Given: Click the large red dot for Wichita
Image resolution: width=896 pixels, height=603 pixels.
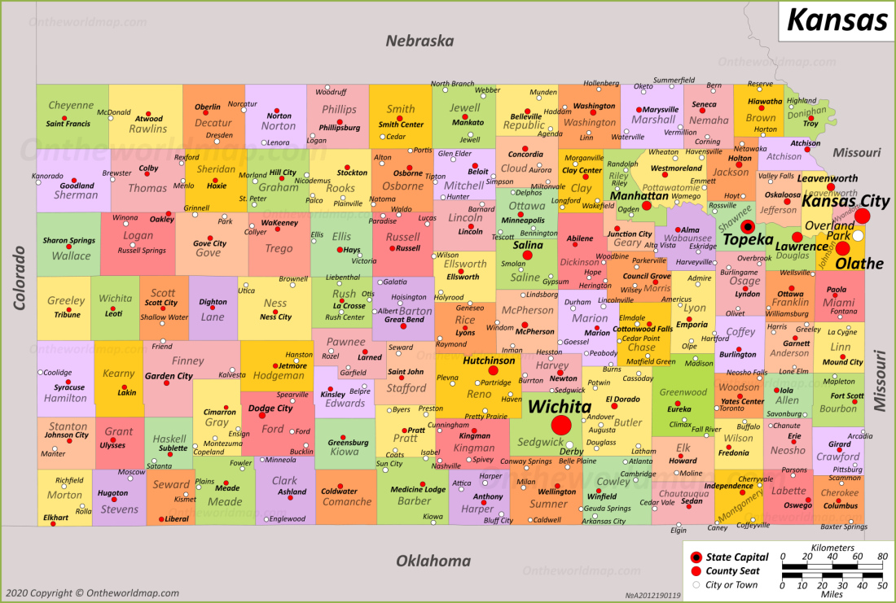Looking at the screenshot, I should point(560,425).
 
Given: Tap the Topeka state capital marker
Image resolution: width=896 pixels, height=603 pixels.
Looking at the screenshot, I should point(747,225).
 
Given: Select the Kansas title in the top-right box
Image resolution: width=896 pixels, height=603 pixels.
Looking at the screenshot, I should point(837,19).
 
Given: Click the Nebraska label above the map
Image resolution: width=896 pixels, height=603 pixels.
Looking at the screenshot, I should point(419,42).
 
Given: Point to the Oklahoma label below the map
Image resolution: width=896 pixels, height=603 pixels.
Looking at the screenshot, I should point(433,561).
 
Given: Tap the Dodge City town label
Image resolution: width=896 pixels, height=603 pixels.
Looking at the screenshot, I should point(270,409).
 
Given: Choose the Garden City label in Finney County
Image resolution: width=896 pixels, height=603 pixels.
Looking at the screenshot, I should point(169,376).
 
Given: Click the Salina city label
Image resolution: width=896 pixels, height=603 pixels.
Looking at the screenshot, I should point(528,245).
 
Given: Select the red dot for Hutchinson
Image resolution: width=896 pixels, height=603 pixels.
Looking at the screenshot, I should point(493,370).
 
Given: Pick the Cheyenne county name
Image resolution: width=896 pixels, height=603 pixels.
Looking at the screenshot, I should point(71,106).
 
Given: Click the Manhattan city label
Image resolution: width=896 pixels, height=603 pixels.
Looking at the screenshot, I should point(639,196).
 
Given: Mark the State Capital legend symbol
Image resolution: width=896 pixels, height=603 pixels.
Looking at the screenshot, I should point(695,557).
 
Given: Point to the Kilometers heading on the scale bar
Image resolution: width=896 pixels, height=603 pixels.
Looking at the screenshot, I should point(832,548).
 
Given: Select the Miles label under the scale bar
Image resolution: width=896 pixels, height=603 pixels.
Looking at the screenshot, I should point(832,595).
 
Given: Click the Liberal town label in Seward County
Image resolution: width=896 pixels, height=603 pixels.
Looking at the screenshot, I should point(177,519).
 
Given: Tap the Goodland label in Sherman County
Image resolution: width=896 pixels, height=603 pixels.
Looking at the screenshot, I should point(77,186).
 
